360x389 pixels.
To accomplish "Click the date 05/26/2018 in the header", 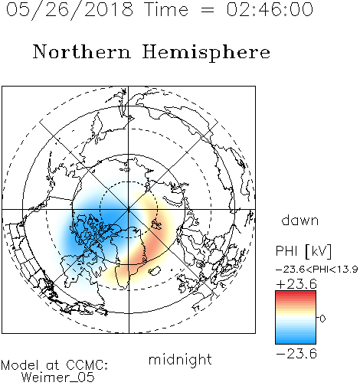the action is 70,9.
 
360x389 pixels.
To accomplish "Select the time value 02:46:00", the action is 270,9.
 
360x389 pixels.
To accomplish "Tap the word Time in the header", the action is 166,9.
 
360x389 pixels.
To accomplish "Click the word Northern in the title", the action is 82,52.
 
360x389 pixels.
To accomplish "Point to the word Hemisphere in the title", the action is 206,53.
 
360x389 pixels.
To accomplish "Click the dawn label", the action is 300,220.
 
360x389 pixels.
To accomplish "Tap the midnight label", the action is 180,360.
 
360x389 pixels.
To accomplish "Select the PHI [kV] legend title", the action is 303,251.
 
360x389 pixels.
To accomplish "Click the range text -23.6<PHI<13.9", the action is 316,270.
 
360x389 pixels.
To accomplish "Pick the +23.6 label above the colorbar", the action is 296,284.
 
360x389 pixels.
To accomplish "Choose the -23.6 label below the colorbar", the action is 296,354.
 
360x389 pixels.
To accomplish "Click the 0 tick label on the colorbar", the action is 322,319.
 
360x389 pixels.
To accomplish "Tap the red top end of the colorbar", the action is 296,293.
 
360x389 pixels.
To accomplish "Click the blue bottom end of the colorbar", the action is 296,342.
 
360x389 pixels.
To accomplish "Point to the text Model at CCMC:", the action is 54,365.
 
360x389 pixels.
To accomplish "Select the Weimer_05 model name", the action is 57,378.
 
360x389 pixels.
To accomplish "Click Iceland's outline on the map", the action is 155,271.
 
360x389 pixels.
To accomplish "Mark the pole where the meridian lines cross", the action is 129,209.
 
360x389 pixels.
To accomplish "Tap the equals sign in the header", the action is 208,10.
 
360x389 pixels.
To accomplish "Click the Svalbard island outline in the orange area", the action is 156,224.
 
